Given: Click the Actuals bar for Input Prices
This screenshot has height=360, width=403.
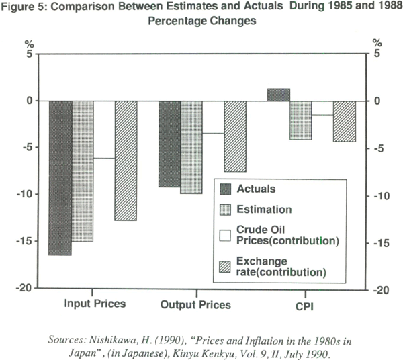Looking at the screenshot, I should click(60, 178).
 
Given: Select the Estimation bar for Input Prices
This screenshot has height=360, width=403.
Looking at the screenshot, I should click(83, 171).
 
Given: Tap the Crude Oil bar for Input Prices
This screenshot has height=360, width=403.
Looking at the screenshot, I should click(104, 130).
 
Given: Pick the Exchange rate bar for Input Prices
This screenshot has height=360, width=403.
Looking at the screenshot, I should click(126, 161).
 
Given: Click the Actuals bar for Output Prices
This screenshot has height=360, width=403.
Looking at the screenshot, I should click(169, 144).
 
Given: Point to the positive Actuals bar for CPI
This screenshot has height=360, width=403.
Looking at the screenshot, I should click(278, 95).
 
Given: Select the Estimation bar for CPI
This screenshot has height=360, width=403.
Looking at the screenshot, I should click(300, 120).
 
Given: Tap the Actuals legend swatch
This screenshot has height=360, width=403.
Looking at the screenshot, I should click(226, 190).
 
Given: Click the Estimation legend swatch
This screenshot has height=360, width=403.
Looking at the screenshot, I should click(226, 209).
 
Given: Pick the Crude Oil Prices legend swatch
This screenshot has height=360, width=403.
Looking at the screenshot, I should click(226, 235).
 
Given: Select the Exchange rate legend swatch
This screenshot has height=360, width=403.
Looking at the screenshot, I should click(226, 267).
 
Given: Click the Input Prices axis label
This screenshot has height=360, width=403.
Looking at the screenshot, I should click(95, 304).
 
